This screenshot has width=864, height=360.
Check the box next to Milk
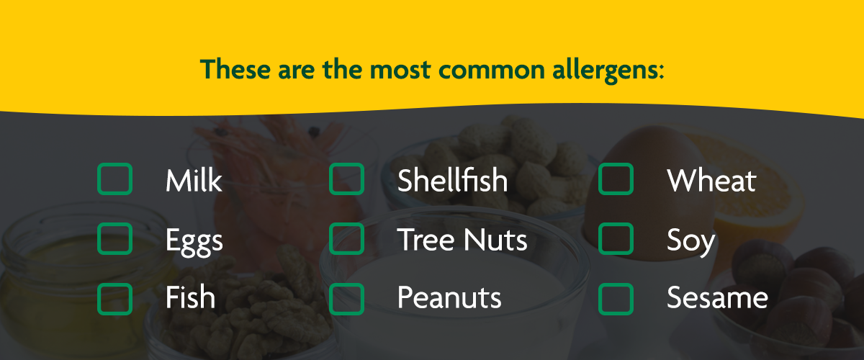point(115,179)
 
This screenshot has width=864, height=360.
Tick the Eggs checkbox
point(115,239)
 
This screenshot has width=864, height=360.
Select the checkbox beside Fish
point(115,299)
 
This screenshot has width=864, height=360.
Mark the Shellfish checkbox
point(347,179)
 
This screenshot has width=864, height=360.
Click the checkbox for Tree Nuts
point(347,239)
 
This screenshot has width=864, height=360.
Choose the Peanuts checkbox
point(347,299)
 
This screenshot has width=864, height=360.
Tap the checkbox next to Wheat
point(616,179)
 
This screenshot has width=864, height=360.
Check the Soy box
point(616,239)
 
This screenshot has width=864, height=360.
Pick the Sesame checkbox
point(616,299)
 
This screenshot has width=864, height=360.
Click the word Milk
point(194,180)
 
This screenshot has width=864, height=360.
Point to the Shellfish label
point(452,180)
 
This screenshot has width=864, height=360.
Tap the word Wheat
point(711,180)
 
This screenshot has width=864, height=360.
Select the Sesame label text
point(717,297)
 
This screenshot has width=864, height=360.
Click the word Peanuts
point(449,297)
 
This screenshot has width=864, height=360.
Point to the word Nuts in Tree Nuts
point(495,240)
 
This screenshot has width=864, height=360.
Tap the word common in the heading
point(491,71)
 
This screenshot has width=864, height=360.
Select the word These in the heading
point(235,69)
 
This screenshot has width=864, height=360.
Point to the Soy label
point(690,241)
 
